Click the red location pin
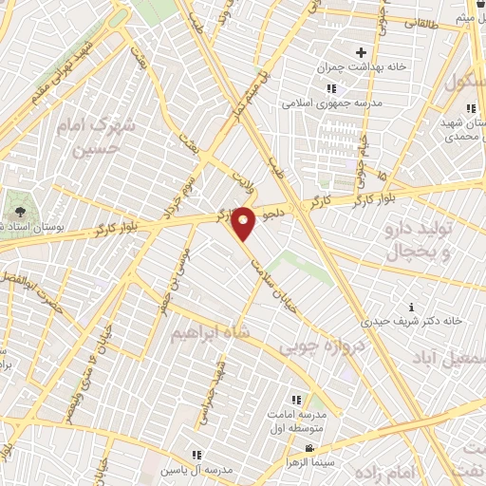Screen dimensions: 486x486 point(244,223)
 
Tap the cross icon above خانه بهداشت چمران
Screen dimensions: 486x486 point(360,52)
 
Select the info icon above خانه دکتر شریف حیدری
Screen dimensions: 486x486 point(410,307)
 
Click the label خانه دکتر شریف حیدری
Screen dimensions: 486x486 point(417,321)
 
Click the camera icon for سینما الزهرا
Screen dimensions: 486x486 point(308,448)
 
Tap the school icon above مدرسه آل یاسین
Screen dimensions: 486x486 point(197,455)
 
